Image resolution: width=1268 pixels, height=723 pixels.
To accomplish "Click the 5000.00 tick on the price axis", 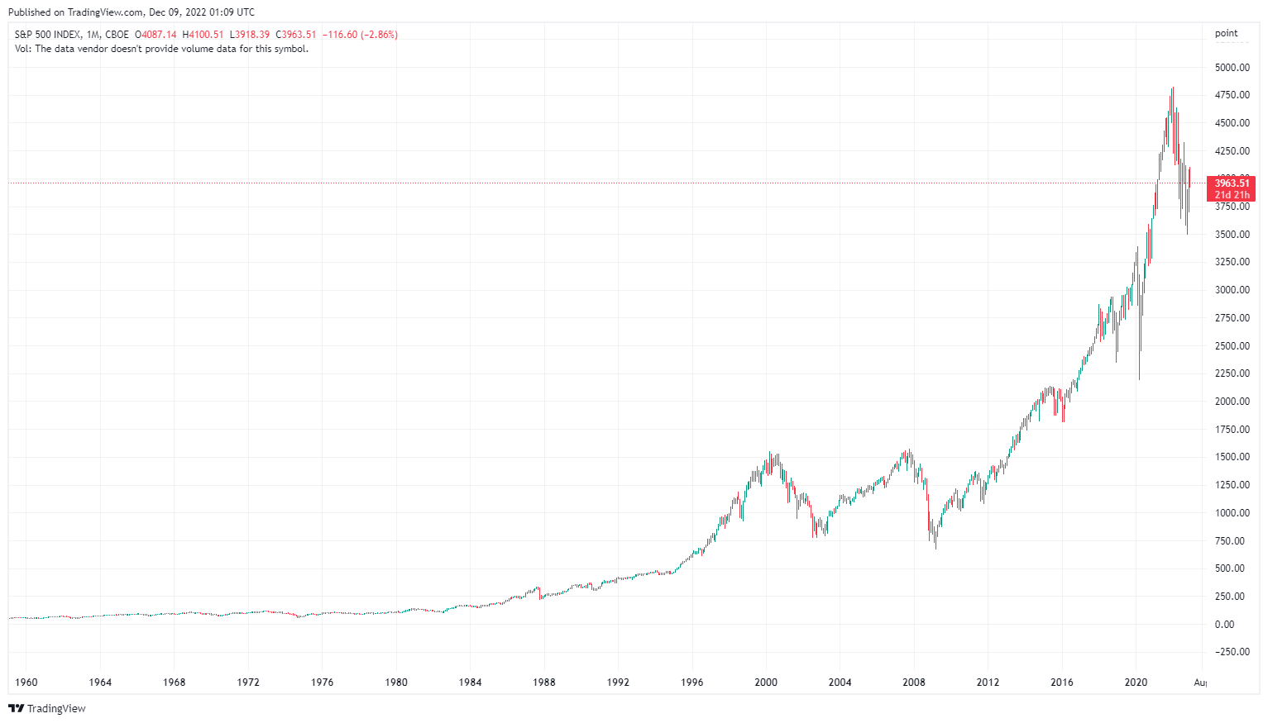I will tap(1232, 68).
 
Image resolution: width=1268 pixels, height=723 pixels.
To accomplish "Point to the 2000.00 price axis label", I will tap(1232, 402).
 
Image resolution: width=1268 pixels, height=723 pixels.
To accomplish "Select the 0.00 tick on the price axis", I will tap(1224, 625).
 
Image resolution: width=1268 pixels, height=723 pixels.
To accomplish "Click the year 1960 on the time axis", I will tap(26, 683).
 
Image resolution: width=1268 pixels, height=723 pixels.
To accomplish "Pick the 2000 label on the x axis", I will tap(766, 683).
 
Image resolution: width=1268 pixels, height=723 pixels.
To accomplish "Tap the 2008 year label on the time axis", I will tap(914, 683).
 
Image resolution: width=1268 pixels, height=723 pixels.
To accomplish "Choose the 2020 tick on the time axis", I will tap(1136, 683).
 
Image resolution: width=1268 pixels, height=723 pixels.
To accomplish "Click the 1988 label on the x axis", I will tap(544, 683).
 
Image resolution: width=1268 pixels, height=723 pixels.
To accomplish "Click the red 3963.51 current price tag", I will tap(1232, 183).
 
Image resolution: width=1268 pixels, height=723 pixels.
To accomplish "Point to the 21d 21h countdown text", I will tap(1232, 195).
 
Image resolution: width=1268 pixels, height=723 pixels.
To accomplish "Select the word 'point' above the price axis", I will tap(1226, 34).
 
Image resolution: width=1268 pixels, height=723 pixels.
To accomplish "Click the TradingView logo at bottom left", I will tap(47, 708).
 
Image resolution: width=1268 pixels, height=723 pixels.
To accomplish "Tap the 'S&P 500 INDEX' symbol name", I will tap(48, 35).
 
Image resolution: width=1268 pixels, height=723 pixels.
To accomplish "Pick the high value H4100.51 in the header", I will tap(203, 35).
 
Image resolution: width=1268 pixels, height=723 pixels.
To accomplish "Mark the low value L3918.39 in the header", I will tap(249, 35).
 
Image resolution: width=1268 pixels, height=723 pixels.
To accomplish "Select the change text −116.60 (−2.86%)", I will tap(360, 35).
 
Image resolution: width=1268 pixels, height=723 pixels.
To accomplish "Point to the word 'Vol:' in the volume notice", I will tap(23, 49).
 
